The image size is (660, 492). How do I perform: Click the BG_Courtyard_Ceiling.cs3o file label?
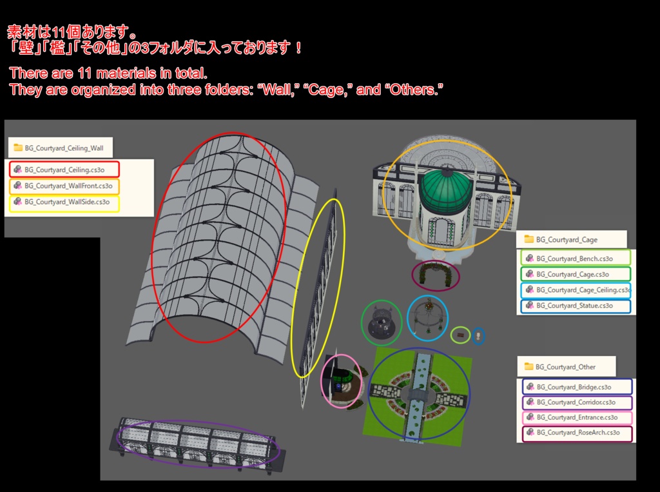point(64,170)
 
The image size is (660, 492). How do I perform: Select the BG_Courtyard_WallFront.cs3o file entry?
point(64,186)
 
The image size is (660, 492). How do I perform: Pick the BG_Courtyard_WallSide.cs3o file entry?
point(64,202)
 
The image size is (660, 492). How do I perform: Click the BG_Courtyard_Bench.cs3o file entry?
point(576,258)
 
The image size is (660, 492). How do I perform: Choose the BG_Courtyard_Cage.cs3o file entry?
point(576,274)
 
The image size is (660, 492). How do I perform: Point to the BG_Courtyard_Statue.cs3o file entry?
point(576,306)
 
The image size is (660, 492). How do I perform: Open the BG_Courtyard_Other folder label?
point(565,367)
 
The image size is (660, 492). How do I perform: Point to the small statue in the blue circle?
point(478,336)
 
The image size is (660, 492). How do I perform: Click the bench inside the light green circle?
point(460,335)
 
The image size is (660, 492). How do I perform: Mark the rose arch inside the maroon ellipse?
point(436,275)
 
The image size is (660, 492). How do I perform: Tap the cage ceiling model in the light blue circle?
point(427,317)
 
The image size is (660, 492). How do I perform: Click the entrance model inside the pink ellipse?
point(341,382)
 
